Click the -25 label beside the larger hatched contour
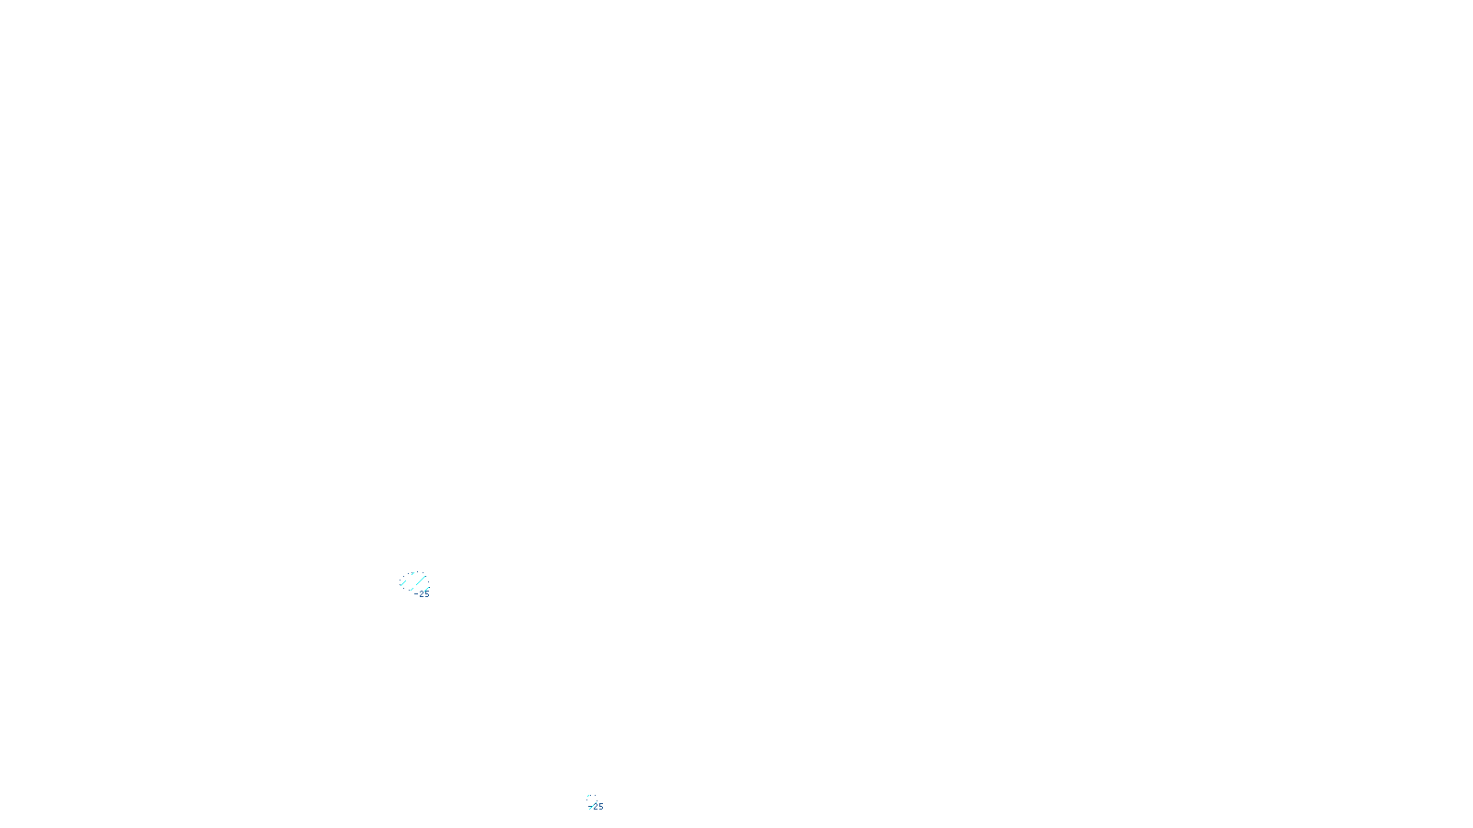(422, 594)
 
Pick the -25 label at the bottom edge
(597, 807)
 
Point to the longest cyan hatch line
(421, 581)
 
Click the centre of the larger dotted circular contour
(414, 581)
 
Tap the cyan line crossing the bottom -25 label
(592, 807)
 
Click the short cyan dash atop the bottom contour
(588, 796)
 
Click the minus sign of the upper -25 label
(416, 593)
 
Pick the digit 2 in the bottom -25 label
(596, 807)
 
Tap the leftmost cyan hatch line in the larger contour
(403, 583)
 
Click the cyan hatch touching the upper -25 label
(427, 589)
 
